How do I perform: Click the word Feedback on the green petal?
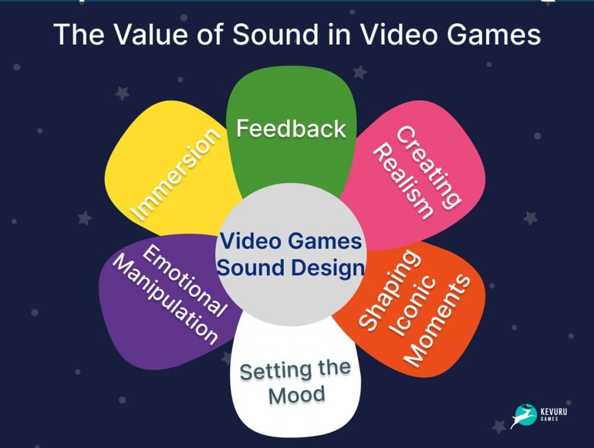click(x=291, y=128)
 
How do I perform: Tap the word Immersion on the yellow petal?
click(x=176, y=173)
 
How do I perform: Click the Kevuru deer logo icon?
click(x=523, y=416)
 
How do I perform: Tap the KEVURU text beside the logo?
click(x=555, y=413)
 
